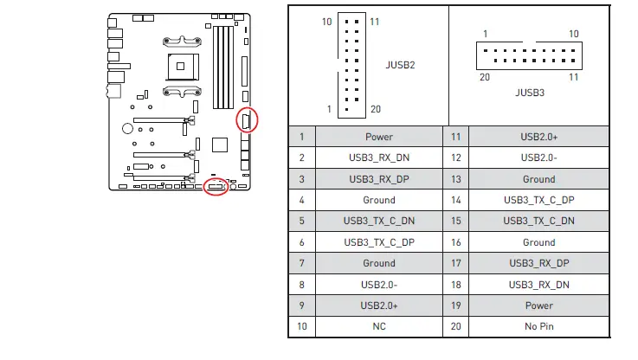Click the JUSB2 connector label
400,64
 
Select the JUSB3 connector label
529,92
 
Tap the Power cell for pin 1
379,137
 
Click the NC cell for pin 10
379,326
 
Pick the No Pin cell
538,326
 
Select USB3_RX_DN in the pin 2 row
379,157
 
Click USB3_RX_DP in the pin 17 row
538,263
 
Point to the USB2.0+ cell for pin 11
538,137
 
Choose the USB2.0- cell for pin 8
379,284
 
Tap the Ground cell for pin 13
538,179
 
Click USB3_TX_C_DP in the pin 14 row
538,200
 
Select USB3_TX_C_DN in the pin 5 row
379,221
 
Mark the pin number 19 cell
456,305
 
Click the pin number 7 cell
301,263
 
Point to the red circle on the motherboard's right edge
248,120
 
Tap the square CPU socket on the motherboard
182,63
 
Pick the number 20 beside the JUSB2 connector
375,109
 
